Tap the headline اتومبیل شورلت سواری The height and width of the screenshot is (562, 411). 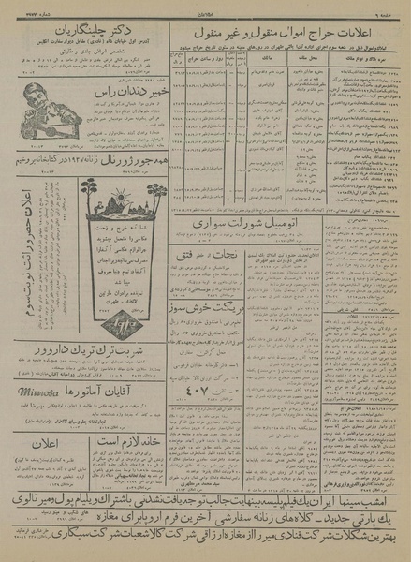pyautogui.click(x=230, y=226)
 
